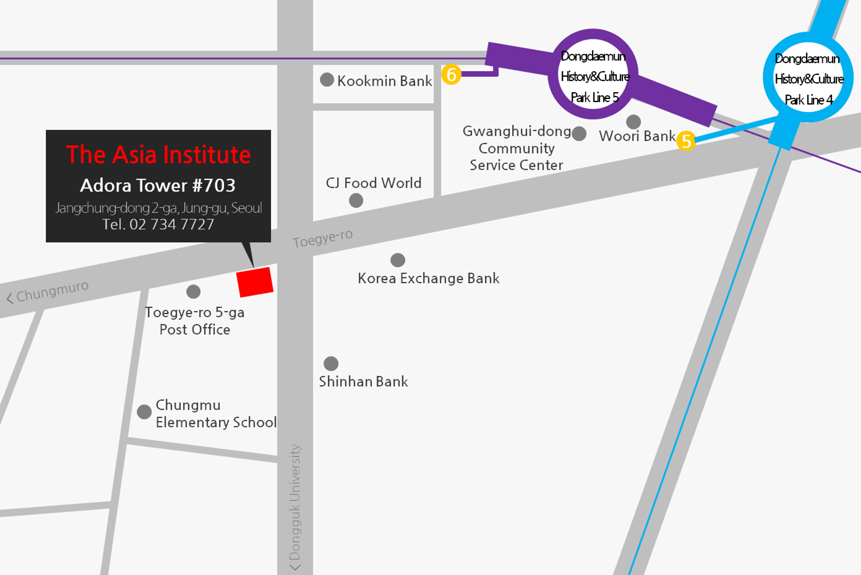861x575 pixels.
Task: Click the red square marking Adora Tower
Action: [x=255, y=282]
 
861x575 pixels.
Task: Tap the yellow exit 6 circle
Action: [x=452, y=75]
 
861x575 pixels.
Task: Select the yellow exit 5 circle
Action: [x=686, y=141]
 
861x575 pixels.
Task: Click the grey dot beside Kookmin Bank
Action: [x=327, y=80]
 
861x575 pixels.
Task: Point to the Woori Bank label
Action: [x=637, y=136]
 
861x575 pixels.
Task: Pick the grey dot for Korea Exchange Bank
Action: [x=398, y=260]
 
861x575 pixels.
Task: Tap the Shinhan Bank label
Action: [x=363, y=381]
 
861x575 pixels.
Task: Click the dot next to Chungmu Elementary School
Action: [x=144, y=412]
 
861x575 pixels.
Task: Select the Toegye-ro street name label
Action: [x=323, y=238]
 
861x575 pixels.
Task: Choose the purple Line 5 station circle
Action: [x=594, y=75]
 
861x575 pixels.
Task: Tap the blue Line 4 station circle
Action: [x=808, y=78]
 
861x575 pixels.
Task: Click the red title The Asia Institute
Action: [x=158, y=155]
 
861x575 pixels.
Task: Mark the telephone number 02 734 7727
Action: [x=158, y=224]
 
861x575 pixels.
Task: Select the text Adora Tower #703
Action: [x=158, y=185]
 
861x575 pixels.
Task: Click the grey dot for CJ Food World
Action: [x=356, y=200]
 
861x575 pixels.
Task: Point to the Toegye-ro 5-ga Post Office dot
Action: [x=194, y=291]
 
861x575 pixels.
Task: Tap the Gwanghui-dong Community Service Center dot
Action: [x=579, y=134]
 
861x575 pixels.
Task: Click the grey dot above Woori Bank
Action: [x=633, y=121]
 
